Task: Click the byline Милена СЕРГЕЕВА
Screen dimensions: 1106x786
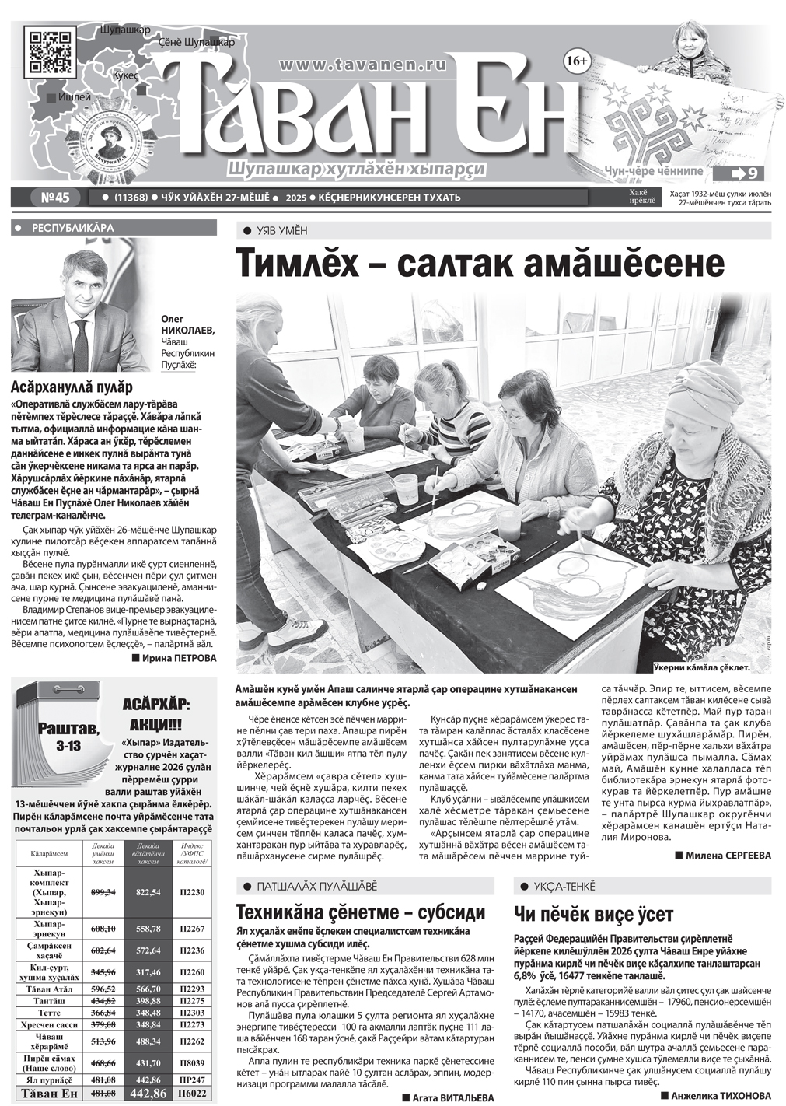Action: coord(723,856)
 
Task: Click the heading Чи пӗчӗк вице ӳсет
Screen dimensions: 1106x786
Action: coord(593,915)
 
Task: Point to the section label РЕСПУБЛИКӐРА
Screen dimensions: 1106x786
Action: coord(72,228)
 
